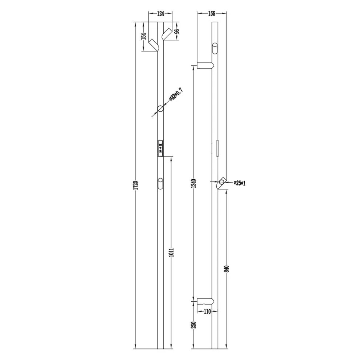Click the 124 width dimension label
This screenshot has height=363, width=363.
pos(160,13)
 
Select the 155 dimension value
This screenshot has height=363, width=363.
pos(212,13)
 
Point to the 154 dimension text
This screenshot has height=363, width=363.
pos(143,36)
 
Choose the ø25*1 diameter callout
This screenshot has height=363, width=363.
pos(240,183)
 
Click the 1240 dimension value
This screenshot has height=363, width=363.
pos(194,183)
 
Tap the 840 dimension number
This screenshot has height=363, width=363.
pos(227,269)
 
